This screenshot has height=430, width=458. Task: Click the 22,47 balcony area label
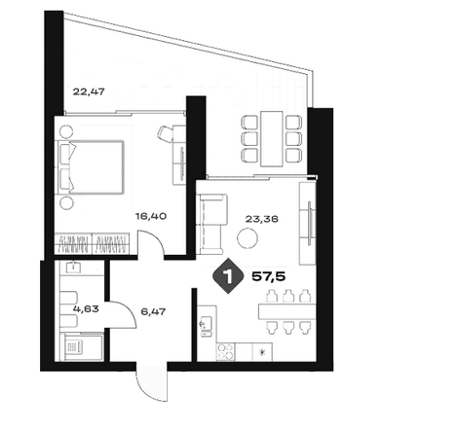(89, 91)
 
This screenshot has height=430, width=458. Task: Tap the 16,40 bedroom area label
(151, 216)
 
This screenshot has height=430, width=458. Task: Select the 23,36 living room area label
(262, 219)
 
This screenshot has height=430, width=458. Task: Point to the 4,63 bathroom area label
(86, 308)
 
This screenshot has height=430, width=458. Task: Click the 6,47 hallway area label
(153, 312)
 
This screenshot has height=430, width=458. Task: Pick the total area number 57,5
(269, 276)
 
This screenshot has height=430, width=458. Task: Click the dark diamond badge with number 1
(228, 276)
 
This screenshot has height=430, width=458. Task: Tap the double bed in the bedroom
(91, 167)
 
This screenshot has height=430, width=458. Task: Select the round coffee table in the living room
(248, 238)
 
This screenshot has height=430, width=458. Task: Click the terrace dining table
(272, 138)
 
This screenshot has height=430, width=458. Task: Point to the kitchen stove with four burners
(225, 352)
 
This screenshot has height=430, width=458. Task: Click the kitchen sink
(207, 326)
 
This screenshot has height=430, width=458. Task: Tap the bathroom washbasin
(74, 267)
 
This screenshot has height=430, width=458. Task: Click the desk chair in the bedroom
(166, 133)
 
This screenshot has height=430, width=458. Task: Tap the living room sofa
(211, 224)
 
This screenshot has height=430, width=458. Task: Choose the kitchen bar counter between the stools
(287, 311)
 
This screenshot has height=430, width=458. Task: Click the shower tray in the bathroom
(83, 347)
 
